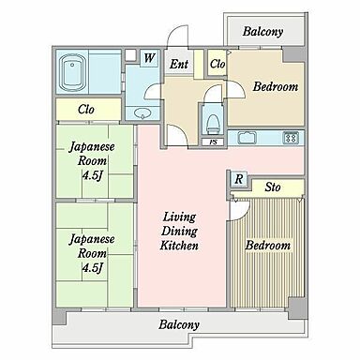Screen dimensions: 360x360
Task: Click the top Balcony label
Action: tap(262, 31)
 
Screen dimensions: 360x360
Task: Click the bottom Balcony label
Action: tap(178, 325)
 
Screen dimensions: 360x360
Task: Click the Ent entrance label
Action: tap(179, 65)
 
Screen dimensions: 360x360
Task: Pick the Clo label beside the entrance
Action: tap(217, 65)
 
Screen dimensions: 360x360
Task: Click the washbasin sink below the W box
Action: tap(143, 112)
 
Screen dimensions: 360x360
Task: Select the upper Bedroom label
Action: tap(276, 87)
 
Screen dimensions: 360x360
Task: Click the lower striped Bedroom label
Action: tap(268, 246)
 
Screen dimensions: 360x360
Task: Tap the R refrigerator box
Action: tap(240, 178)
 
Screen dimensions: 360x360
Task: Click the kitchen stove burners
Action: tap(291, 138)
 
